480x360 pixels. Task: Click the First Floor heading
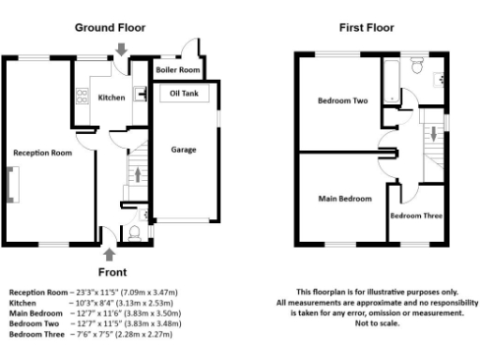pos(367,28)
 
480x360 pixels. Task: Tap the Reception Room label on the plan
pos(42,152)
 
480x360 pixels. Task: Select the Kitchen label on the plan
pos(112,97)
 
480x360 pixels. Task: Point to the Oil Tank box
pos(184,94)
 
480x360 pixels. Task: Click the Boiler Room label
pos(177,70)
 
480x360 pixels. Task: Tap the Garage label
pos(184,149)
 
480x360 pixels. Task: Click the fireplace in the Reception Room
pos(11,184)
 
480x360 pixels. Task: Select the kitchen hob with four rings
pos(140,93)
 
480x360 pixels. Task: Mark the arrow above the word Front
pos(110,252)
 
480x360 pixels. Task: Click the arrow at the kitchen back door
pos(122,49)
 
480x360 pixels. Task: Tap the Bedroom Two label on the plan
pos(342,101)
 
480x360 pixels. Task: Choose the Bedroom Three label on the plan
pos(416,216)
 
